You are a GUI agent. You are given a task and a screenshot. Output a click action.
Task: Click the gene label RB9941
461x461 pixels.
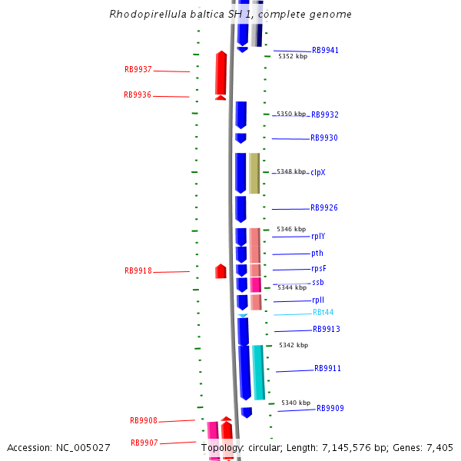(325, 51)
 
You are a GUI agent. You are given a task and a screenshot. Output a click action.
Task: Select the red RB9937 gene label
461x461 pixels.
(138, 69)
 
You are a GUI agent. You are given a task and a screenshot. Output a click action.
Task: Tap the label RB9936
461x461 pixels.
(138, 95)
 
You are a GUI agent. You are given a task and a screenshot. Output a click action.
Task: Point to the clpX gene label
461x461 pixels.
(318, 172)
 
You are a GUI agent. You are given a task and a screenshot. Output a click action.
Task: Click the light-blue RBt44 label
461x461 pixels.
(323, 313)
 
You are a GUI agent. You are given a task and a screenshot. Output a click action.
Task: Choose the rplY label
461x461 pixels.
(318, 237)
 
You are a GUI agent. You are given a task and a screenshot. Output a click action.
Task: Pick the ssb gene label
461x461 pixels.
(318, 283)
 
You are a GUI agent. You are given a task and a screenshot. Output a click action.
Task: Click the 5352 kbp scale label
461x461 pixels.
(293, 57)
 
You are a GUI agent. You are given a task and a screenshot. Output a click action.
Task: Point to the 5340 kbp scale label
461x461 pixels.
(296, 403)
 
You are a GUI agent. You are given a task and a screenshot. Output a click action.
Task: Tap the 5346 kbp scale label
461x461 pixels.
(292, 229)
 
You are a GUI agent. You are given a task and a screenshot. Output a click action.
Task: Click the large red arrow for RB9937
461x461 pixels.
(221, 74)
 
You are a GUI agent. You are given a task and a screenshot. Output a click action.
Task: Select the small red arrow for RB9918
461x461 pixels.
(221, 271)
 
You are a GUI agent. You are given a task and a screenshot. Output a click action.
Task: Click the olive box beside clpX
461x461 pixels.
(254, 173)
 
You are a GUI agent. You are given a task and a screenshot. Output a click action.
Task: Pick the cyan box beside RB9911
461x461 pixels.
(259, 372)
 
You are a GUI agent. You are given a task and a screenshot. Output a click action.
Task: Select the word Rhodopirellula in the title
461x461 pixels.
(144, 14)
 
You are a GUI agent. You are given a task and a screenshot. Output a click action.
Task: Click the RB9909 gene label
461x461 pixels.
(330, 409)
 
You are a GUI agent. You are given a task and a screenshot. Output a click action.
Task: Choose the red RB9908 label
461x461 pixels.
(144, 421)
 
